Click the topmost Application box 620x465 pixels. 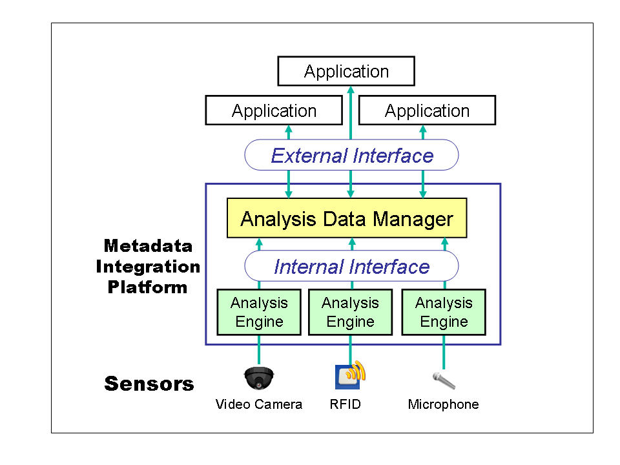pos(346,71)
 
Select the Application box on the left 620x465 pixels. pos(274,110)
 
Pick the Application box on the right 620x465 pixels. pos(427,110)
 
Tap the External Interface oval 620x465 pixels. pos(351,155)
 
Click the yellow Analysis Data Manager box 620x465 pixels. pos(347,218)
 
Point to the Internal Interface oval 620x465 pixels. pos(351,266)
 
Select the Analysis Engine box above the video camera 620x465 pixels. pos(259,312)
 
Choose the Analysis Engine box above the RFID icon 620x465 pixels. pos(351,312)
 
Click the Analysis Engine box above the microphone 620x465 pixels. pos(444,312)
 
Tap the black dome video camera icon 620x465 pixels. pos(259,377)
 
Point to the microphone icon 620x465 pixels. pos(444,380)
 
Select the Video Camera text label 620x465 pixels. pos(258,405)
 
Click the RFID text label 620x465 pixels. pos(345,405)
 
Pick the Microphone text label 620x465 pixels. pos(444,405)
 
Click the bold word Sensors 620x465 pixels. pos(149,384)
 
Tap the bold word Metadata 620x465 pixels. pos(148,246)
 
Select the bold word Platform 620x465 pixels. pos(148,287)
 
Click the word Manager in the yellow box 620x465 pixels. pos(413,218)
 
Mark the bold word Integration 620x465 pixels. pos(148,267)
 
